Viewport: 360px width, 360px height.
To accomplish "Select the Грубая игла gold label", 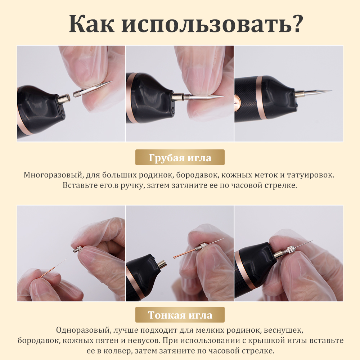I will pos(180,158).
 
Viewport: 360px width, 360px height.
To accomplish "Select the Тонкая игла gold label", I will pos(180,315).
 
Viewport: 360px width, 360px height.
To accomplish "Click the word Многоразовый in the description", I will pos(54,175).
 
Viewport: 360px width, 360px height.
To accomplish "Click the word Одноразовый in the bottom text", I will pos(83,330).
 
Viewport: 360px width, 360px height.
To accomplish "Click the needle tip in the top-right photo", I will pos(329,91).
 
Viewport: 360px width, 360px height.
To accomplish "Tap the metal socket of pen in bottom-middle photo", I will pos(161,265).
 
